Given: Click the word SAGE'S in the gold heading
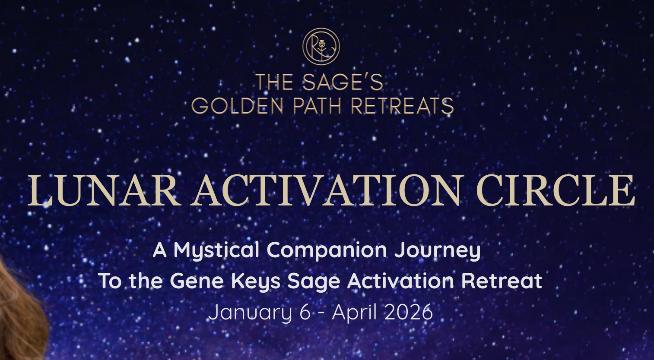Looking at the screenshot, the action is point(343,82).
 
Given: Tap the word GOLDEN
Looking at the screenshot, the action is point(237,106).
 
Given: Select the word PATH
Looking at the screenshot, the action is point(317,106).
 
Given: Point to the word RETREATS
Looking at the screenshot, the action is point(402,106).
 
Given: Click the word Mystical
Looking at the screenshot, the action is point(216,251).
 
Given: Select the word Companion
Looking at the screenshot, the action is point(327,251).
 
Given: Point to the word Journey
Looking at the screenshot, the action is point(438,251).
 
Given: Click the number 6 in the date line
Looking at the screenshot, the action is point(305,312).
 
